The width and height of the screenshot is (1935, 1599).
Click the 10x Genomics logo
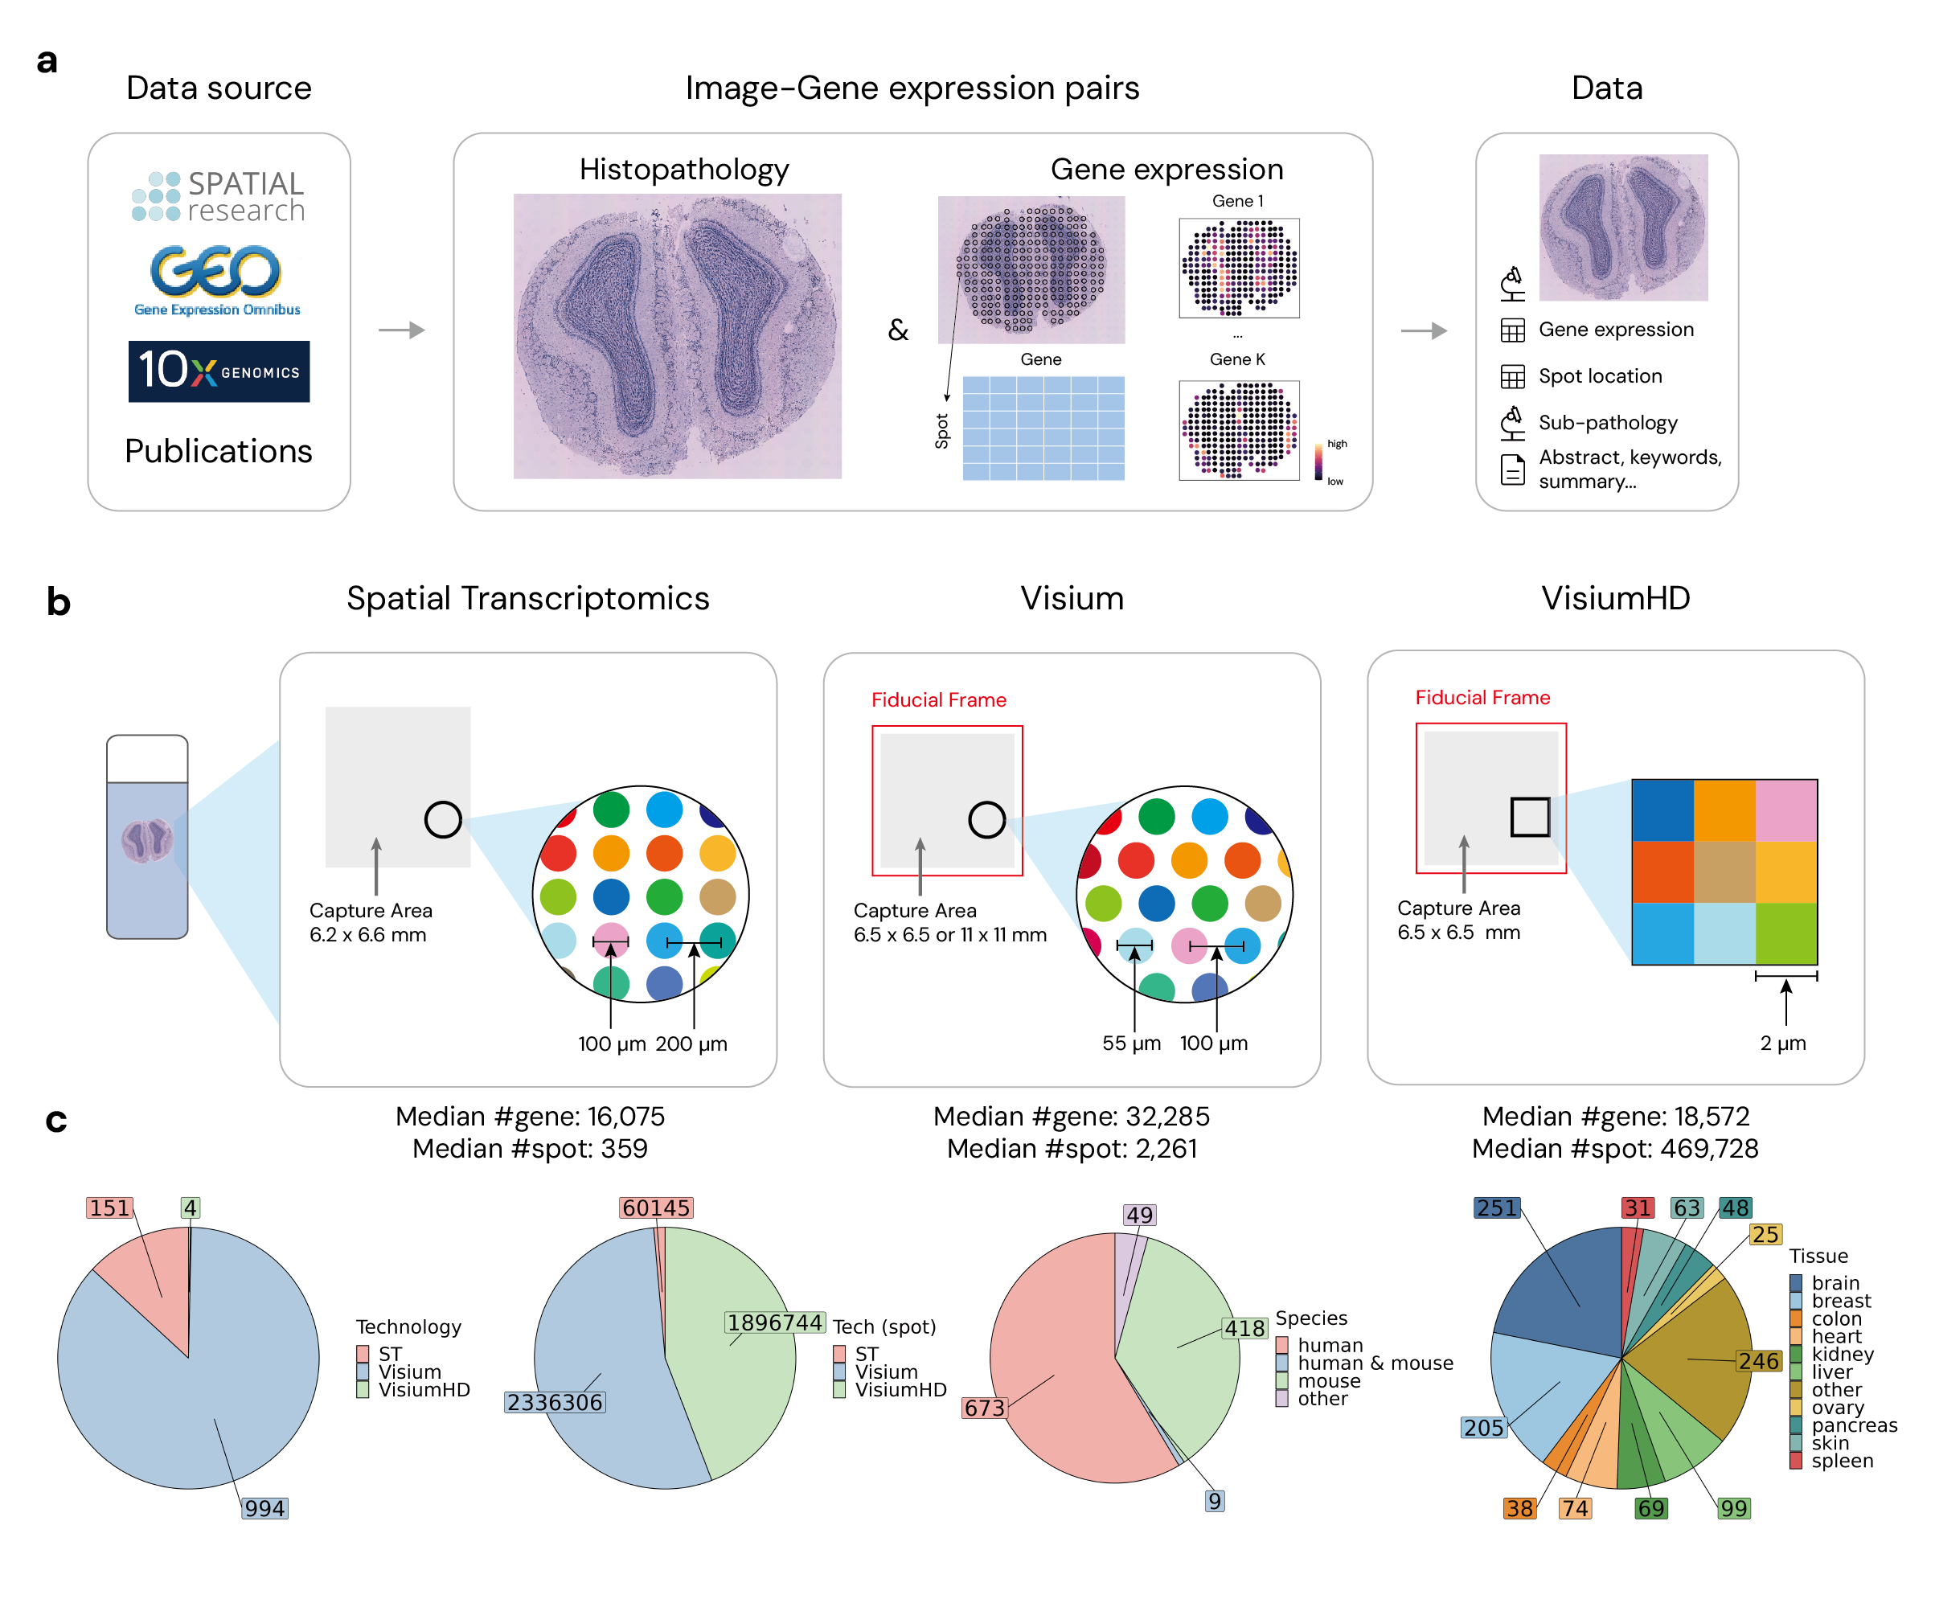tap(219, 371)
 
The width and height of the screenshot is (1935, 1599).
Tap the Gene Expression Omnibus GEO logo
tap(216, 279)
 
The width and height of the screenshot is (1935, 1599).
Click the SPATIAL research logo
tap(219, 196)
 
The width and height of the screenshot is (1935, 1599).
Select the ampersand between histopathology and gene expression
tap(897, 330)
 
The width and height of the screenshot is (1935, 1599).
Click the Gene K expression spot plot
tap(1239, 430)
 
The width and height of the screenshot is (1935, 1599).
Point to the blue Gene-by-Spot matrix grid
tap(1043, 428)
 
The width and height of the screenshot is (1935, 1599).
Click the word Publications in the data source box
tap(219, 451)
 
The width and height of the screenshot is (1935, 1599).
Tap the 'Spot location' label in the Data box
tap(1600, 375)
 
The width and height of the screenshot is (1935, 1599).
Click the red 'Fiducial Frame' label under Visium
tap(938, 700)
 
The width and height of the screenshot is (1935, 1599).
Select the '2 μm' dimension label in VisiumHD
tap(1782, 1043)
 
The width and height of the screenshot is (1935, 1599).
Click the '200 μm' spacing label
tap(691, 1043)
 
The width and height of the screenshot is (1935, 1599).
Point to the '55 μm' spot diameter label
tap(1131, 1043)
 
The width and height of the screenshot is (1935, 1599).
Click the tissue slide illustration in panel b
tap(147, 836)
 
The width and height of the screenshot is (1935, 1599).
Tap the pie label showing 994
tap(264, 1508)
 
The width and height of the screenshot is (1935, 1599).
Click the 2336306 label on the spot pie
tap(555, 1402)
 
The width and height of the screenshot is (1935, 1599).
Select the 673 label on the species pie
tap(984, 1408)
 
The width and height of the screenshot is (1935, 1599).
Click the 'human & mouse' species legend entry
tap(1374, 1363)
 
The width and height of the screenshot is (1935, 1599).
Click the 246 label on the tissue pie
tap(1758, 1360)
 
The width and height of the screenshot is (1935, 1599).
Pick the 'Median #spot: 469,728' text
tap(1614, 1149)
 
